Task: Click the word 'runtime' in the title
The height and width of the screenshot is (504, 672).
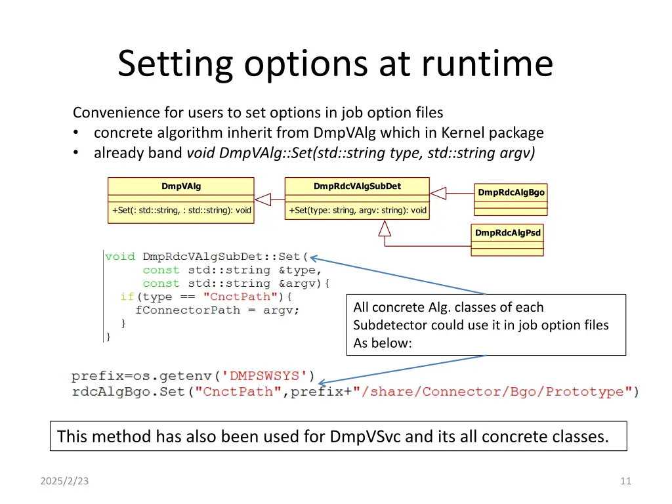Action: (488, 64)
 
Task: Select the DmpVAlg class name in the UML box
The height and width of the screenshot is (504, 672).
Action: (181, 186)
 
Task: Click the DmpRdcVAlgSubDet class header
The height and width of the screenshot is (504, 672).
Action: (357, 186)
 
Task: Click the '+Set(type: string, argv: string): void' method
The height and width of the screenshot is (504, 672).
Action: (357, 211)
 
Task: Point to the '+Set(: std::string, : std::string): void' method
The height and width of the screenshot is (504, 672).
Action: (181, 211)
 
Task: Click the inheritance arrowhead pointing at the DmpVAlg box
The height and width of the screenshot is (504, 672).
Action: (263, 198)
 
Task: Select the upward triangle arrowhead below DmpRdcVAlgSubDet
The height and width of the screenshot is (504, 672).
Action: (385, 228)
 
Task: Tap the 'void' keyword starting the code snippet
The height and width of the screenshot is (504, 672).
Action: (120, 257)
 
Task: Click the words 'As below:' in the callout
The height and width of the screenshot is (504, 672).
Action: (382, 343)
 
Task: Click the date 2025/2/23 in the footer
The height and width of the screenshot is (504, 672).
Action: (64, 481)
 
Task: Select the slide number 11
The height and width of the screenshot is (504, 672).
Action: (625, 481)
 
